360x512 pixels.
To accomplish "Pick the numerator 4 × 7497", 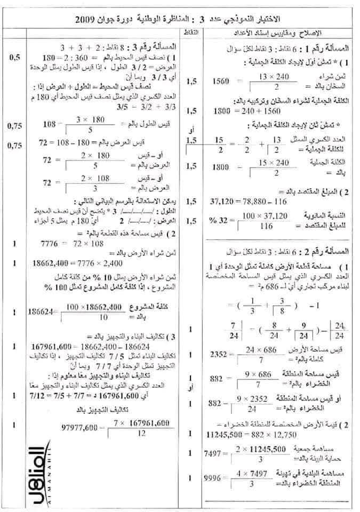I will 257,473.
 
